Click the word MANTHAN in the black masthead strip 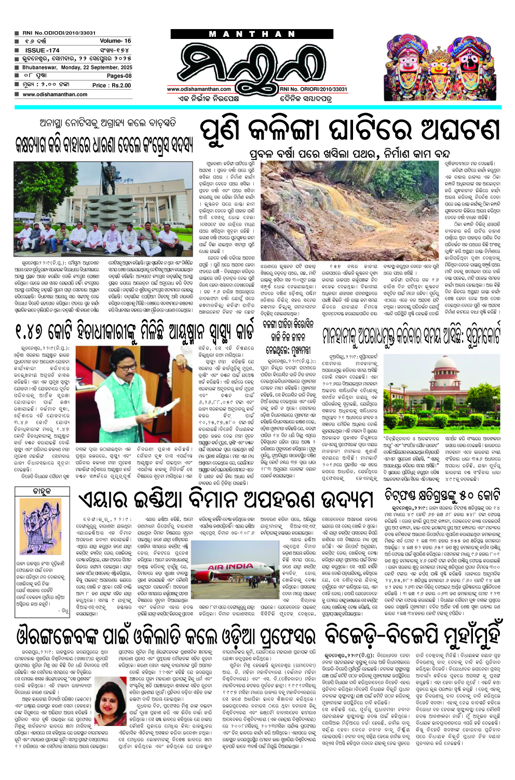tap(253, 34)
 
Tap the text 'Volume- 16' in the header tap(115, 41)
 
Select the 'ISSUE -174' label tap(42, 50)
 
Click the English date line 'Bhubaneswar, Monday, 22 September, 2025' tap(77, 68)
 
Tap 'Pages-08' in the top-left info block tap(119, 76)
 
